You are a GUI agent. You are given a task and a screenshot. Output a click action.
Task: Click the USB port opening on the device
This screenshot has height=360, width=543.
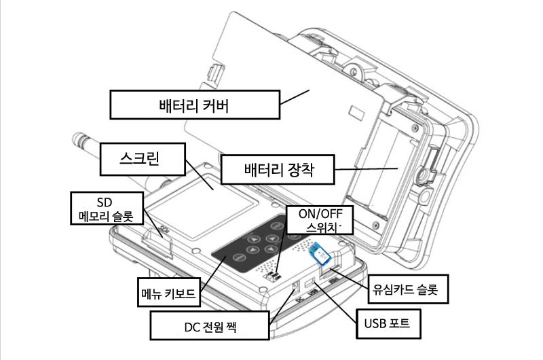pos(308,281)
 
